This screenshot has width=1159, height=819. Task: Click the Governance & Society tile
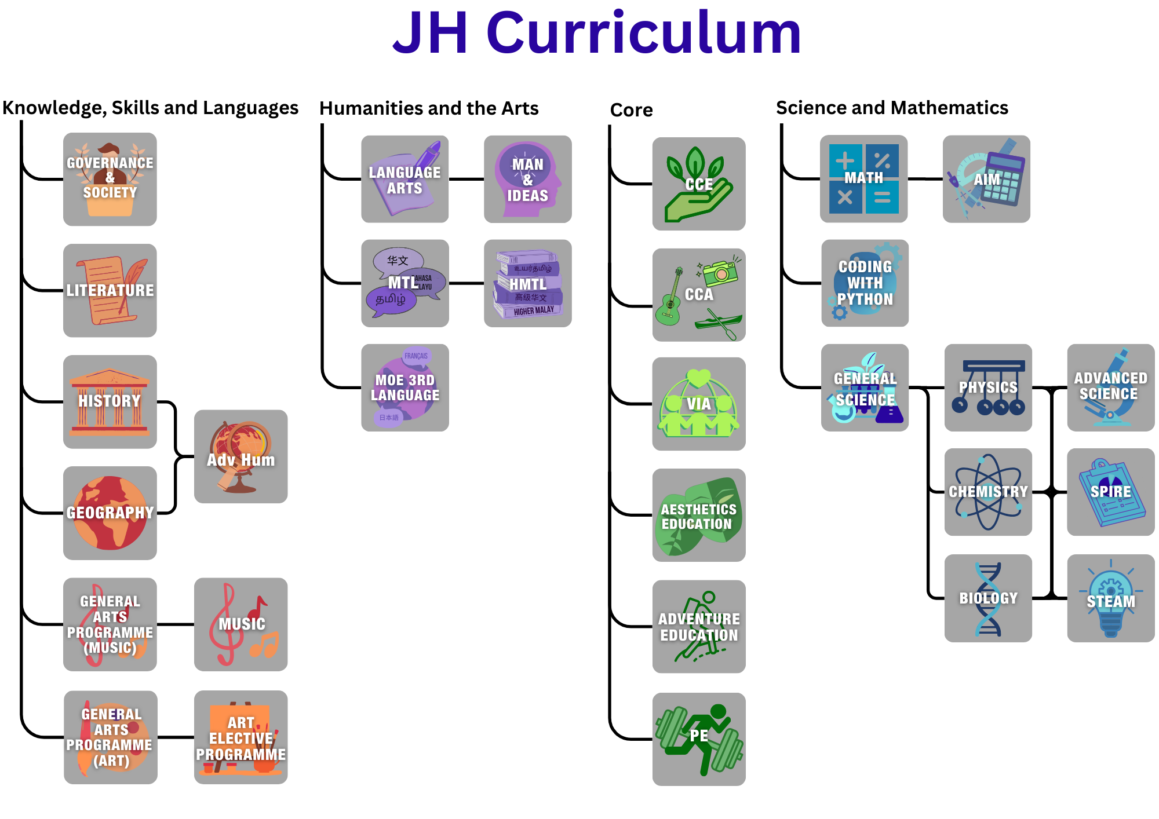point(110,179)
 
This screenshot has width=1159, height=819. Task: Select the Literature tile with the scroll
point(110,290)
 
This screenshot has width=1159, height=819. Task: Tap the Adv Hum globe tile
point(240,456)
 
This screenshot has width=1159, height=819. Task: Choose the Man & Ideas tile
point(527,179)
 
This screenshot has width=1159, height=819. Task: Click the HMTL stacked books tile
point(527,283)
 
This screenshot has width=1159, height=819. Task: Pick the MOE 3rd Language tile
point(404,387)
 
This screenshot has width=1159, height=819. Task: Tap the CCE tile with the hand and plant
point(698,184)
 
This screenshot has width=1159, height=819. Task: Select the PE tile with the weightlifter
point(698,739)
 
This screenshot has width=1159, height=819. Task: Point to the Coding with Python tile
point(865,283)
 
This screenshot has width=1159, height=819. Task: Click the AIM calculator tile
point(986,179)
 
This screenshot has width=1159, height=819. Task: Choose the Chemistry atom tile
point(988,492)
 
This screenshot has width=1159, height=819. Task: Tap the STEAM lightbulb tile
point(1110,598)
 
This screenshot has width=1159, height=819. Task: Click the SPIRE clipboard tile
point(1110,492)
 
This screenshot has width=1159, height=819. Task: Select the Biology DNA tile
point(988,598)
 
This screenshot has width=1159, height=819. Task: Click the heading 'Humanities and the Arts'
point(429,108)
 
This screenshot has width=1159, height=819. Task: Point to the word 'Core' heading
point(631,110)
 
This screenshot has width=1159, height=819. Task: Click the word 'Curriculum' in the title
point(643,34)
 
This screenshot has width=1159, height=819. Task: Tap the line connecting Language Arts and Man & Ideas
point(466,180)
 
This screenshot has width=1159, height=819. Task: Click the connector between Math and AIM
point(925,179)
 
